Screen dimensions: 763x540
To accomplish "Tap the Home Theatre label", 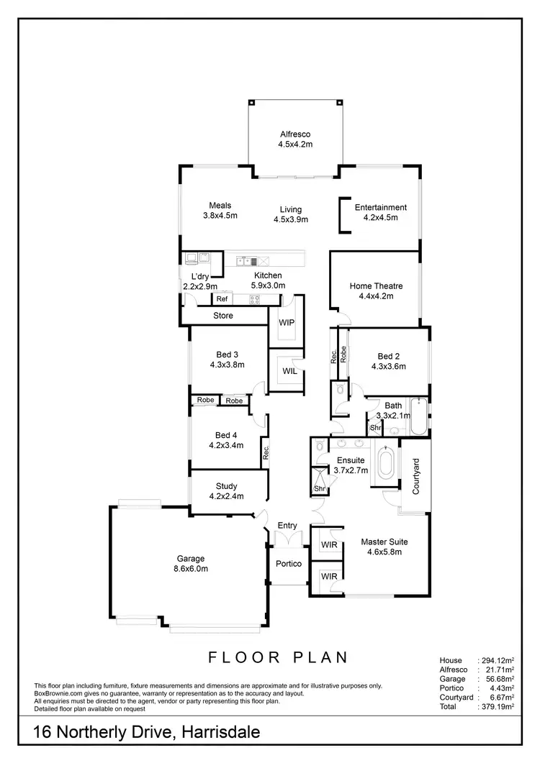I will pos(376,286).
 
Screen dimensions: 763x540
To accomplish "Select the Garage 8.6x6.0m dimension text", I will pos(192,569).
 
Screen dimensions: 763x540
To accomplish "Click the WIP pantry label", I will pos(287,323).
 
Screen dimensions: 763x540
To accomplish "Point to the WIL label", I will pos(289,372).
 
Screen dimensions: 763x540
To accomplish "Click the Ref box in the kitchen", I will pos(222,299).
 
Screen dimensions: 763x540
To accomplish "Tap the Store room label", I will pos(223,316).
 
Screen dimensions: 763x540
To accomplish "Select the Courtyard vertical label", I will pos(415,477).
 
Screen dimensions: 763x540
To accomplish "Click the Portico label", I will pos(289,564).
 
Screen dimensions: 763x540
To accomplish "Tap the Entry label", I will pos(287,526).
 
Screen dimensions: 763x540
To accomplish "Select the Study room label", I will pos(226,487).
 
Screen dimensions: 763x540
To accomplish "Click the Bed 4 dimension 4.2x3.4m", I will pos(226,445).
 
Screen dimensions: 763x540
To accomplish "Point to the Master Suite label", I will pos(384,542).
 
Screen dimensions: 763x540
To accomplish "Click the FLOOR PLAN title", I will pos(278,657).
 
